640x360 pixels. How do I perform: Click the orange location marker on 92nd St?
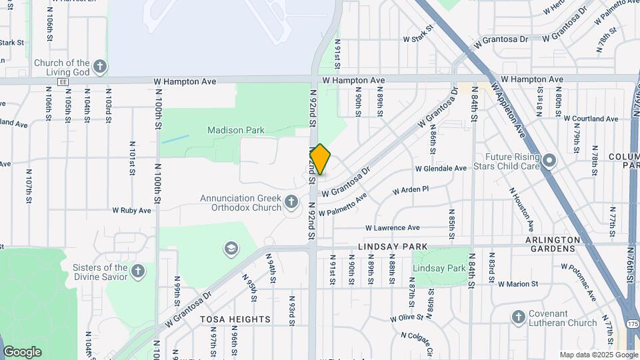(320, 160)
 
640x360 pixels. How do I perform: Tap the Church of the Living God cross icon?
(100, 67)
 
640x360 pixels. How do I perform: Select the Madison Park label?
(235, 131)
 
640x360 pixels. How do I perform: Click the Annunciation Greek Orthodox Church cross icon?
(291, 201)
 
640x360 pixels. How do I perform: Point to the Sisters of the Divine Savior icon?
(137, 271)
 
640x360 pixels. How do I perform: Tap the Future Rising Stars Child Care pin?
(549, 161)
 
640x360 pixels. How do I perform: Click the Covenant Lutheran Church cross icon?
(519, 317)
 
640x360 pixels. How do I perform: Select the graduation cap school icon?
(231, 249)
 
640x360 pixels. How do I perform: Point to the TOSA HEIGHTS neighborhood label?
(235, 319)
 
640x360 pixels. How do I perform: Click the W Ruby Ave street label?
(131, 210)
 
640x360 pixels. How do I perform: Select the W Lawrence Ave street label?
(392, 227)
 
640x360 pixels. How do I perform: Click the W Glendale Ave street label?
(441, 169)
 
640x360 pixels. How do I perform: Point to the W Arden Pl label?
(410, 190)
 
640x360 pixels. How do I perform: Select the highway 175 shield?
(631, 323)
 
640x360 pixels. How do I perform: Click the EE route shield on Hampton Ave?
(63, 81)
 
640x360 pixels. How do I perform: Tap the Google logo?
(22, 351)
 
